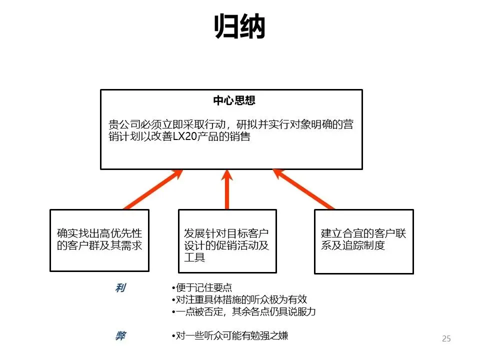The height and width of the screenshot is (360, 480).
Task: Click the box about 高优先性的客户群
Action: click(x=99, y=240)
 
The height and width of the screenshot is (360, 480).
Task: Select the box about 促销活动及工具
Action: click(x=227, y=240)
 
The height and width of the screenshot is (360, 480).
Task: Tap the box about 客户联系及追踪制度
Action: click(x=363, y=241)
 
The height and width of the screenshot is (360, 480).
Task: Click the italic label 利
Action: click(x=120, y=288)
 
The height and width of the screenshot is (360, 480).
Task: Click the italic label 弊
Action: click(x=120, y=336)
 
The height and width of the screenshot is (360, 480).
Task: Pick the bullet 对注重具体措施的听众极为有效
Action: click(x=239, y=300)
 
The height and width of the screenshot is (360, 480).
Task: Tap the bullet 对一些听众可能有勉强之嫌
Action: click(x=229, y=336)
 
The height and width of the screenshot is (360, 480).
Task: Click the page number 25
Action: click(x=446, y=338)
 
